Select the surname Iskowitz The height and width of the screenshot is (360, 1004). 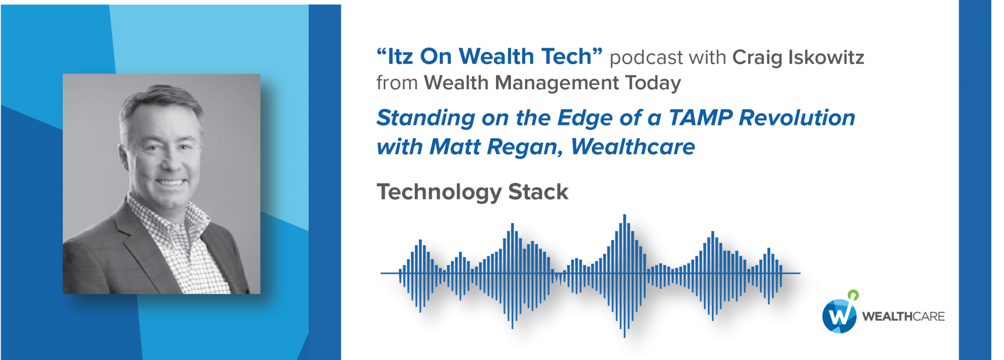pos(826,57)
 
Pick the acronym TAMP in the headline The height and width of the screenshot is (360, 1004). pos(701,118)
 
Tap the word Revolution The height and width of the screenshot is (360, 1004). pos(797,118)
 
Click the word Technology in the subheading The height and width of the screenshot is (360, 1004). pos(439,192)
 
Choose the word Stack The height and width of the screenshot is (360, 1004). pos(538,192)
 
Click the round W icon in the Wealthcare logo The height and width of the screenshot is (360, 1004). pos(839,315)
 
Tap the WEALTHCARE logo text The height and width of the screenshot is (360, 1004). pos(904,316)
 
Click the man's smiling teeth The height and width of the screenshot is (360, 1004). pos(170,183)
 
